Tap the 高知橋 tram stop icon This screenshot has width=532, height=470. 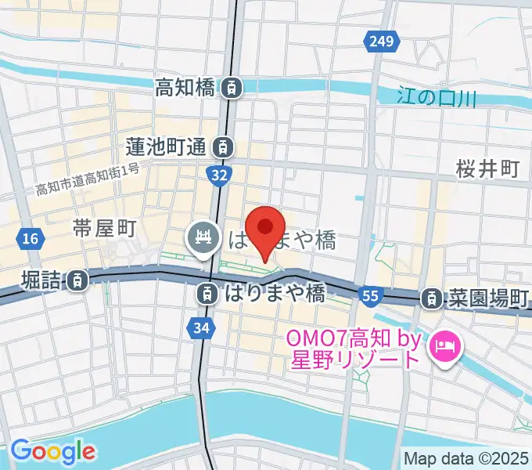click(231, 88)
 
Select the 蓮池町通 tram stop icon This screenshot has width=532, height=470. click(224, 146)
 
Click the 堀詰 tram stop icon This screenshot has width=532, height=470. click(77, 280)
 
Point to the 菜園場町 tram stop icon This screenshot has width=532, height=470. click(431, 298)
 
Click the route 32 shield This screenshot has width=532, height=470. click(219, 174)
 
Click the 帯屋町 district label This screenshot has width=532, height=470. click(106, 229)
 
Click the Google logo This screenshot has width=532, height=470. click(53, 450)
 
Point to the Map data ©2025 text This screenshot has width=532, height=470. click(466, 458)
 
